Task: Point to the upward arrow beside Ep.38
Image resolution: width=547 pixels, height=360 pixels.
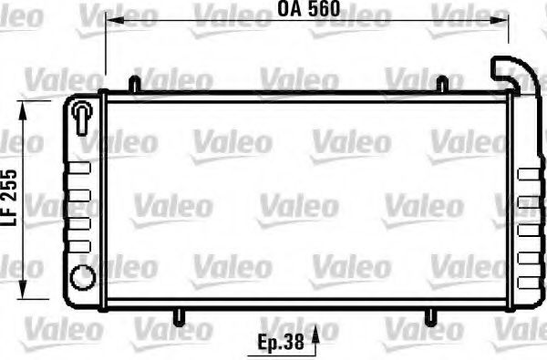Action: (315, 341)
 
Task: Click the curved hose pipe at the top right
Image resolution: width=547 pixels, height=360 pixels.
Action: (509, 73)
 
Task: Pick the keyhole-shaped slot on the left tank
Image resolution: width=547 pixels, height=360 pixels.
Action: (82, 116)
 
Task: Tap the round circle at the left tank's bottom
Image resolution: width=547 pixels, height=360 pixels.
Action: (82, 275)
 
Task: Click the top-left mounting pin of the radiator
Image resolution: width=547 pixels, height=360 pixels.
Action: (134, 83)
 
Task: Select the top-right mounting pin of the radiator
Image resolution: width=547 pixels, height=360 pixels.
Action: (442, 83)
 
